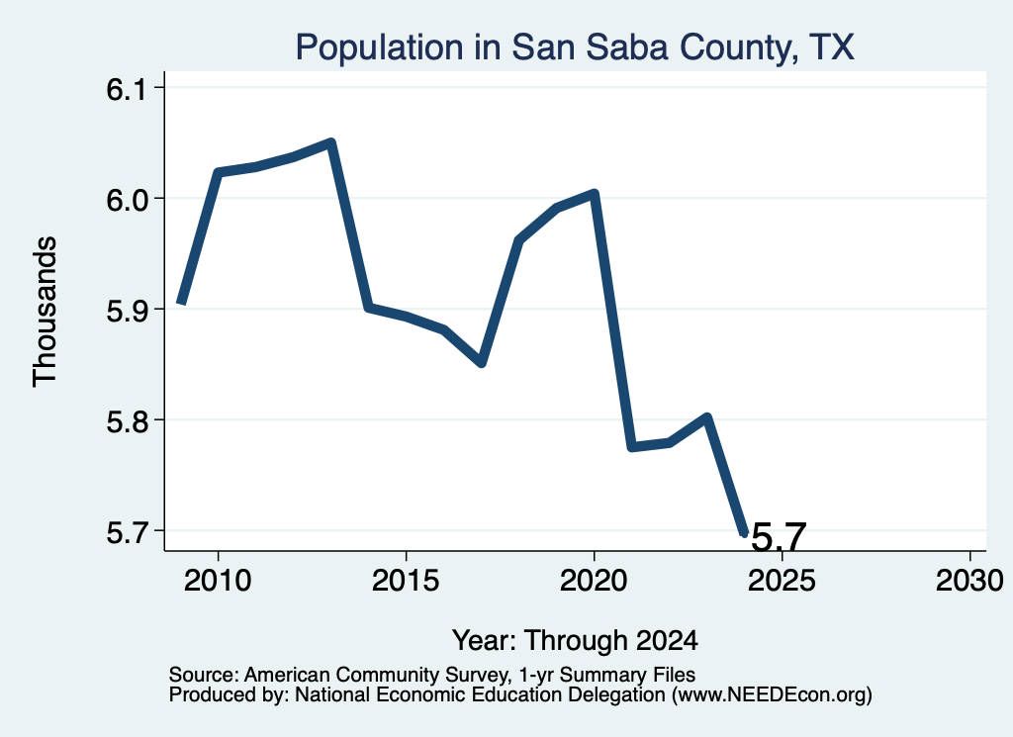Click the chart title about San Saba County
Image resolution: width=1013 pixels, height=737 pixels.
tap(575, 47)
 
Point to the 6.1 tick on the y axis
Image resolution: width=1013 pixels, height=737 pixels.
tap(127, 88)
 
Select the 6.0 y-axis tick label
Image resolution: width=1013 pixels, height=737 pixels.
tap(127, 199)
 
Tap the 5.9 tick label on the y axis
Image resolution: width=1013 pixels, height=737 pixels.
tap(127, 310)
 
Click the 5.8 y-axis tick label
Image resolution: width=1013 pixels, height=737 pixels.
tap(127, 420)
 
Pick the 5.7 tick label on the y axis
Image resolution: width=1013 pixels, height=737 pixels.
tap(127, 531)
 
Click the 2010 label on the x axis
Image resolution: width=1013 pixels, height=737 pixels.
tap(218, 581)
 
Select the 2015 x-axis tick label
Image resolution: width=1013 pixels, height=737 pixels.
tap(406, 581)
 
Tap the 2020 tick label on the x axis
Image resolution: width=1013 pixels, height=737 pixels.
tap(594, 581)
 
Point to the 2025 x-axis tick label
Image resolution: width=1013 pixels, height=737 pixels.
tap(782, 581)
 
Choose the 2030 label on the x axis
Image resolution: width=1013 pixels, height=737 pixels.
tap(969, 581)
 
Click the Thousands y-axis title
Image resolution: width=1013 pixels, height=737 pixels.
tap(45, 312)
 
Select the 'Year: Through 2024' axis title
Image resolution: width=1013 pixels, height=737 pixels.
tap(575, 641)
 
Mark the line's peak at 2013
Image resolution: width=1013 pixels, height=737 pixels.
tap(330, 142)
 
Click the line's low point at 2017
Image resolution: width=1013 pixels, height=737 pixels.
tap(482, 364)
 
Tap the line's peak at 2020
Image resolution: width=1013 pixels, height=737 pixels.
tap(595, 193)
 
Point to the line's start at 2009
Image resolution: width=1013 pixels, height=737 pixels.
tap(182, 301)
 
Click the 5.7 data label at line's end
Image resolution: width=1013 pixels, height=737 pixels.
tap(780, 537)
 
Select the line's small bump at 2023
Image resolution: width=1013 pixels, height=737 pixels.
tap(706, 417)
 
